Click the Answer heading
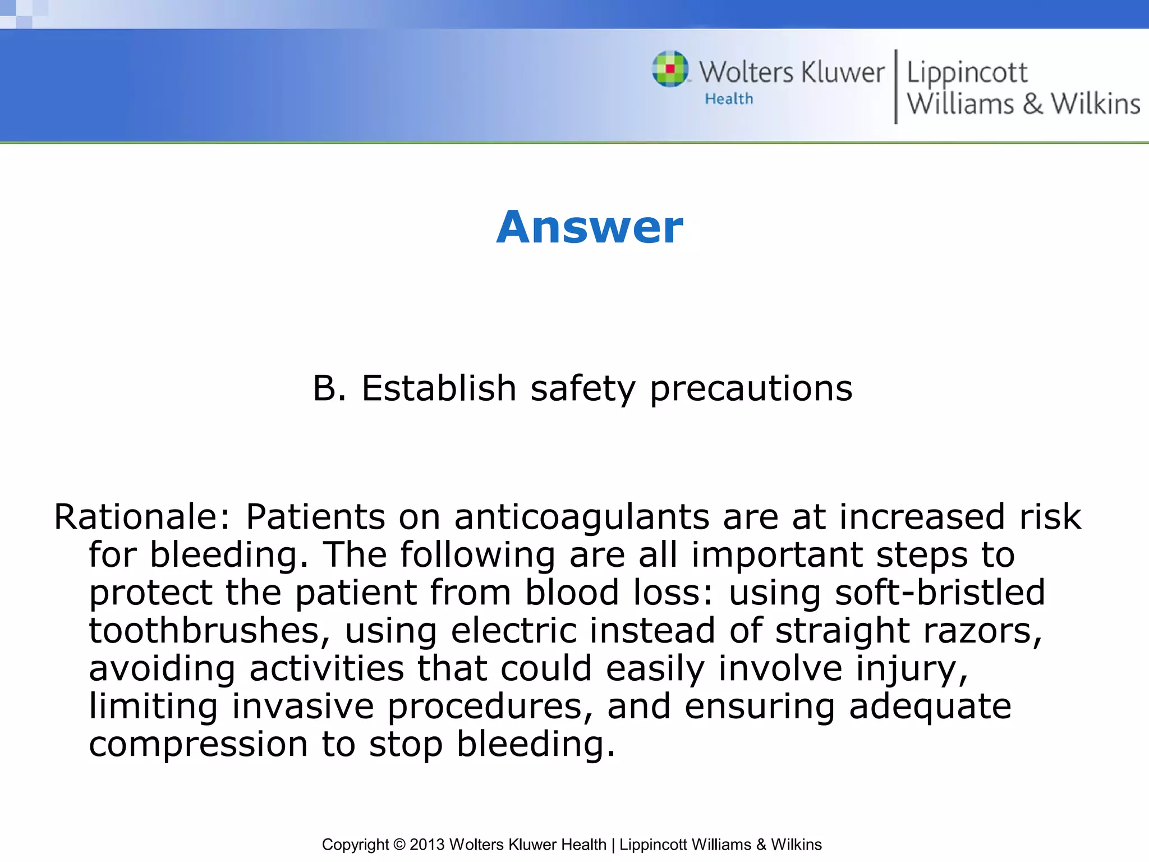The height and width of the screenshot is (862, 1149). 590,227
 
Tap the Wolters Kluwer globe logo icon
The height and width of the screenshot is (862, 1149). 670,69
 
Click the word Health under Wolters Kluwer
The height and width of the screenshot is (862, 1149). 729,99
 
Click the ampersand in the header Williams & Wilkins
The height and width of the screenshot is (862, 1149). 1032,104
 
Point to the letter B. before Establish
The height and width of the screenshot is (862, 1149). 329,388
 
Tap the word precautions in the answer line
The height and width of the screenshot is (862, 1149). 751,389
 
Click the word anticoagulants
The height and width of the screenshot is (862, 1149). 581,517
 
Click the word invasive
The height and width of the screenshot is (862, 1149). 303,706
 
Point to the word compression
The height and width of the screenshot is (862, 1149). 199,745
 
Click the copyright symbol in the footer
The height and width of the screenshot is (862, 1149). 399,844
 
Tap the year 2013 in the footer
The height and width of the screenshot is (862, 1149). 428,844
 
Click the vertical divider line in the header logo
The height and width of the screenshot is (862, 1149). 895,86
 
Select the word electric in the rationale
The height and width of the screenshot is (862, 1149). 513,630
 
